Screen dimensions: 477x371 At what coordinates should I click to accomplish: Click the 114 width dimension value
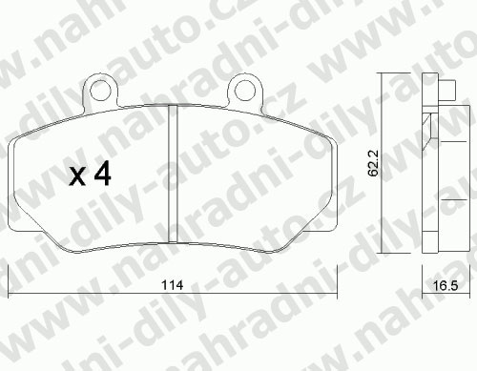tap(172, 285)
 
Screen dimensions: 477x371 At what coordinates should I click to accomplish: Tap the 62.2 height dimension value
tap(372, 163)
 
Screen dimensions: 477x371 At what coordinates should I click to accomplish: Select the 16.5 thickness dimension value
tap(446, 286)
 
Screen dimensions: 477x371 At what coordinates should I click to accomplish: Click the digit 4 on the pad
tap(102, 173)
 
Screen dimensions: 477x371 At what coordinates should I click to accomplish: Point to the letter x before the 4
tap(78, 176)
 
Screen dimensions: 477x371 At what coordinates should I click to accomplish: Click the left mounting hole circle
tap(101, 91)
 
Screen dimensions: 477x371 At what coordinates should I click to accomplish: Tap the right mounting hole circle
tap(245, 91)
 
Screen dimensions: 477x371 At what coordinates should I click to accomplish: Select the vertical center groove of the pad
tap(173, 174)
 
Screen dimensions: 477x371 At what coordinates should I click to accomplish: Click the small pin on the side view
tap(447, 90)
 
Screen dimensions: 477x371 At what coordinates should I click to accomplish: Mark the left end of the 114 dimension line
tap(8, 295)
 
